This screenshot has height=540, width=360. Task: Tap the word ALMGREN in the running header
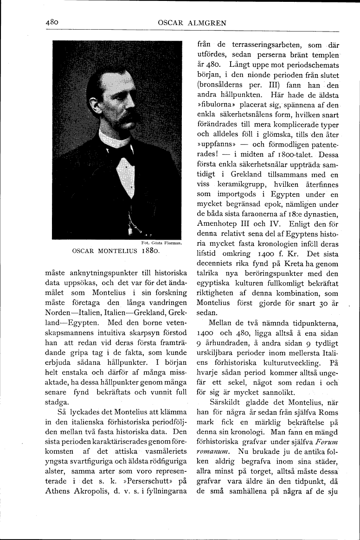[202, 22]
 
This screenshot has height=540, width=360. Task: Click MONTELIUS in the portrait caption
[117, 251]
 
